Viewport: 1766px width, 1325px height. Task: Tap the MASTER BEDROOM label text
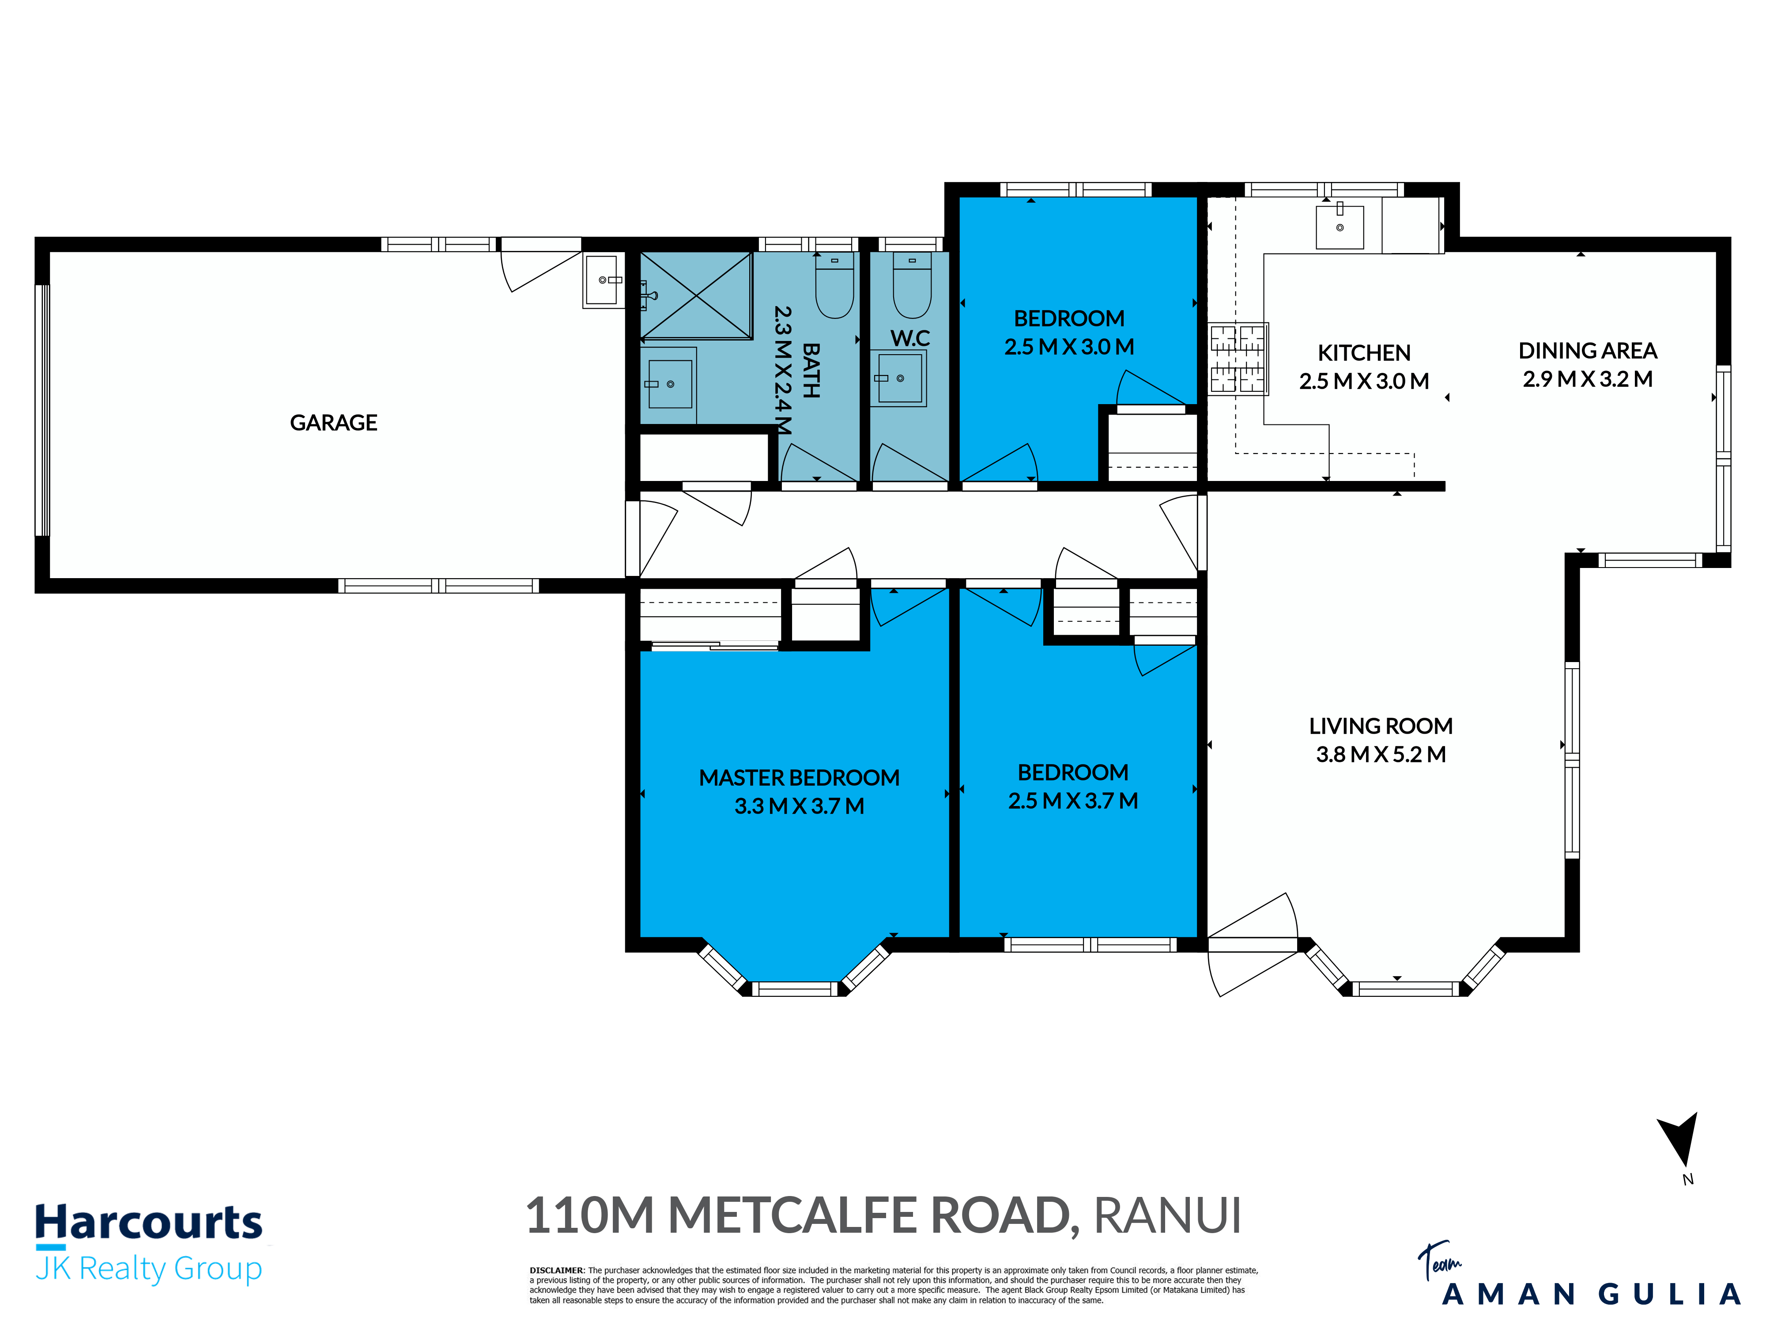[799, 778]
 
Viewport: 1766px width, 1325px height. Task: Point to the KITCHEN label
[1364, 353]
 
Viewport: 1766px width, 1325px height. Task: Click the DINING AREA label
[1587, 351]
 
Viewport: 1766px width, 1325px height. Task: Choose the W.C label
[910, 338]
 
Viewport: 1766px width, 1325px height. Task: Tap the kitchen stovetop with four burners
[1238, 358]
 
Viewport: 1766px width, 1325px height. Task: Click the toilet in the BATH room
[834, 285]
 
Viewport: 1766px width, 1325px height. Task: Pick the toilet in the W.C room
[912, 285]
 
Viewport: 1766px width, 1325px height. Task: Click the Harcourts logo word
[148, 1222]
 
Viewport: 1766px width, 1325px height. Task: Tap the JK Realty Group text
[148, 1268]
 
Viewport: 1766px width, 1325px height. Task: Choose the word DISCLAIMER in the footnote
[556, 1270]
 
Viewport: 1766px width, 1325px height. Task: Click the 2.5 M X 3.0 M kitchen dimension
[1364, 381]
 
